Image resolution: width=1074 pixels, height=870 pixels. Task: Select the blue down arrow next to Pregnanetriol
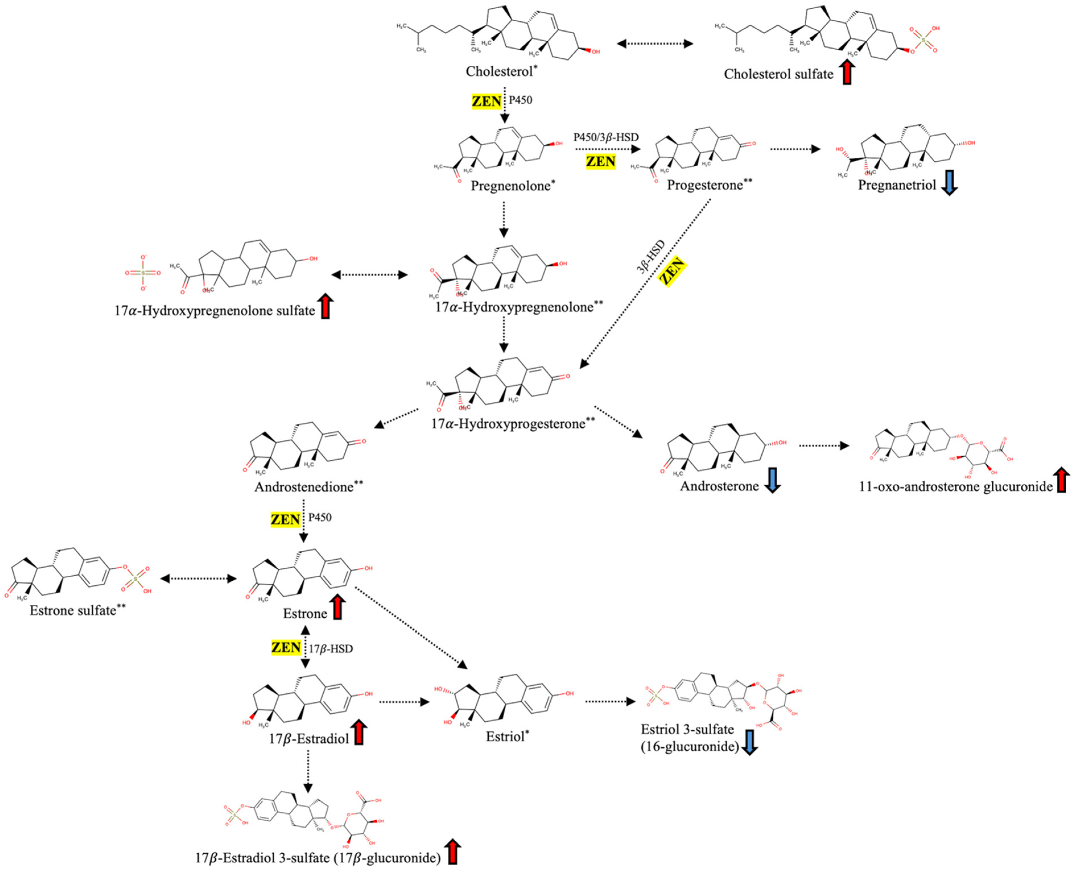(950, 184)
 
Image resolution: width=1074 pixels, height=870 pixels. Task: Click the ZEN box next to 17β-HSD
(286, 648)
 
